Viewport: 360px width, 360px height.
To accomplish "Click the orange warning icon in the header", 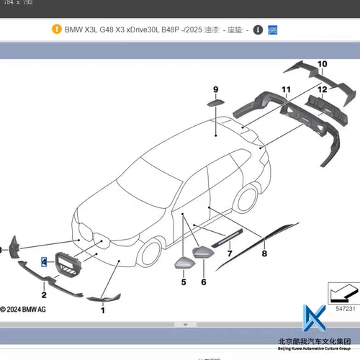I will (57, 30).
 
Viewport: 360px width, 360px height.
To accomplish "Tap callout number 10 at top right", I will (321, 64).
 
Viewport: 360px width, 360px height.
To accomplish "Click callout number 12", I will (322, 89).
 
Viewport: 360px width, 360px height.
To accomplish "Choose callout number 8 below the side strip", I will (265, 253).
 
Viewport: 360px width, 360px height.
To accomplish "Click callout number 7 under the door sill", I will (230, 253).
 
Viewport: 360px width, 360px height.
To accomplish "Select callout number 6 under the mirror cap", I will (204, 282).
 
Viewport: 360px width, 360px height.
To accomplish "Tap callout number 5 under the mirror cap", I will (183, 282).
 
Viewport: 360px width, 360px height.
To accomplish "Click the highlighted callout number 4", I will (44, 262).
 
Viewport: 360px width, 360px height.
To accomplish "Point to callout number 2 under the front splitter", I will (44, 294).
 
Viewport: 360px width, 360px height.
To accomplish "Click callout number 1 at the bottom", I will (102, 310).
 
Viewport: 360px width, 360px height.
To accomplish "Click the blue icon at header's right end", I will (273, 30).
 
